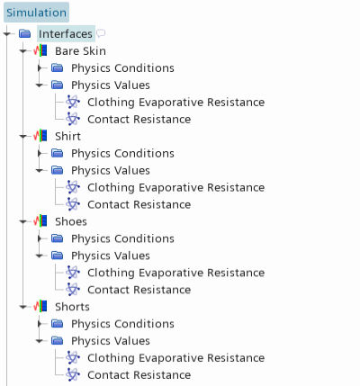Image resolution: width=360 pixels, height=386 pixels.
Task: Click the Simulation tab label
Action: coord(36,13)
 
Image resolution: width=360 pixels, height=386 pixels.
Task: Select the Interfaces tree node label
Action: coord(66,34)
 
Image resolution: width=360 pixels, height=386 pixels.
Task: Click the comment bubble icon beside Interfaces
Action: coord(101,33)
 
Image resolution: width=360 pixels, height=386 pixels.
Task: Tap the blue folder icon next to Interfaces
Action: coord(24,33)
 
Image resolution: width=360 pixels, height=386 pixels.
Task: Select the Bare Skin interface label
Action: coord(80,51)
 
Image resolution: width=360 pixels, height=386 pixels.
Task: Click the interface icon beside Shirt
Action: coord(40,136)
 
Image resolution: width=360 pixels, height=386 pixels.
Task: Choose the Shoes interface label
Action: coord(71,221)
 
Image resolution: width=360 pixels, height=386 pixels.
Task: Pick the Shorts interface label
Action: coord(72,307)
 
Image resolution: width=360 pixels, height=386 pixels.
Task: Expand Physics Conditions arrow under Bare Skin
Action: coord(40,68)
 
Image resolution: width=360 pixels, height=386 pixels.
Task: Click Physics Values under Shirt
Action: coord(111,170)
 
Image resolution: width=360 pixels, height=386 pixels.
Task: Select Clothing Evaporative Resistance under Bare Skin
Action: coord(176,103)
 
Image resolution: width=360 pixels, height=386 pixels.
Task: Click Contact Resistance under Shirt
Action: coord(139,204)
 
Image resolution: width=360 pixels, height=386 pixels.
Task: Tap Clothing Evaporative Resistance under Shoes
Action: coord(176,273)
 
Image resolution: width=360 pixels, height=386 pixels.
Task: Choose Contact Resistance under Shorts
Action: coord(139,375)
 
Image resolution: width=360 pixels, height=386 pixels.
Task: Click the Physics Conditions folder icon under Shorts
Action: coord(57,324)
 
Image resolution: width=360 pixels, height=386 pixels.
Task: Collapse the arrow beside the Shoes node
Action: coord(23,221)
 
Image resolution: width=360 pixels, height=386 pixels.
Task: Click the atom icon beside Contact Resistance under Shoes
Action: coord(73,290)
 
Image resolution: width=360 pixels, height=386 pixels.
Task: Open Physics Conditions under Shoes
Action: coord(122,238)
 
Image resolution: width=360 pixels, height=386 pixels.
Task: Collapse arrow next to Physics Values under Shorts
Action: coord(40,341)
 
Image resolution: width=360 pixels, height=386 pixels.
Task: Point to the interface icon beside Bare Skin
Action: coord(40,50)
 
